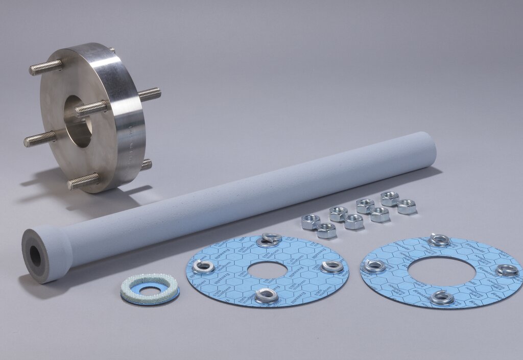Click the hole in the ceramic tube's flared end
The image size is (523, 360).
(x=35, y=257)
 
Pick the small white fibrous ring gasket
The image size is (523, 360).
(x=150, y=289)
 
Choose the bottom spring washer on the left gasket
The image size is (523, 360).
(x=267, y=296)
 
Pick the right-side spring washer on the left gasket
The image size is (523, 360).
(x=332, y=266)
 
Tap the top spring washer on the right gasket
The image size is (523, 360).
(x=439, y=239)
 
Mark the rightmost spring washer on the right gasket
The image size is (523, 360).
(x=507, y=270)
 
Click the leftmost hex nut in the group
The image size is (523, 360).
(x=311, y=222)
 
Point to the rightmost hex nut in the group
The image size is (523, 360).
(x=407, y=206)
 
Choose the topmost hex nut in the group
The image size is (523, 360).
(x=390, y=198)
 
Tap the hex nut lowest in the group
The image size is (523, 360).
(x=326, y=231)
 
